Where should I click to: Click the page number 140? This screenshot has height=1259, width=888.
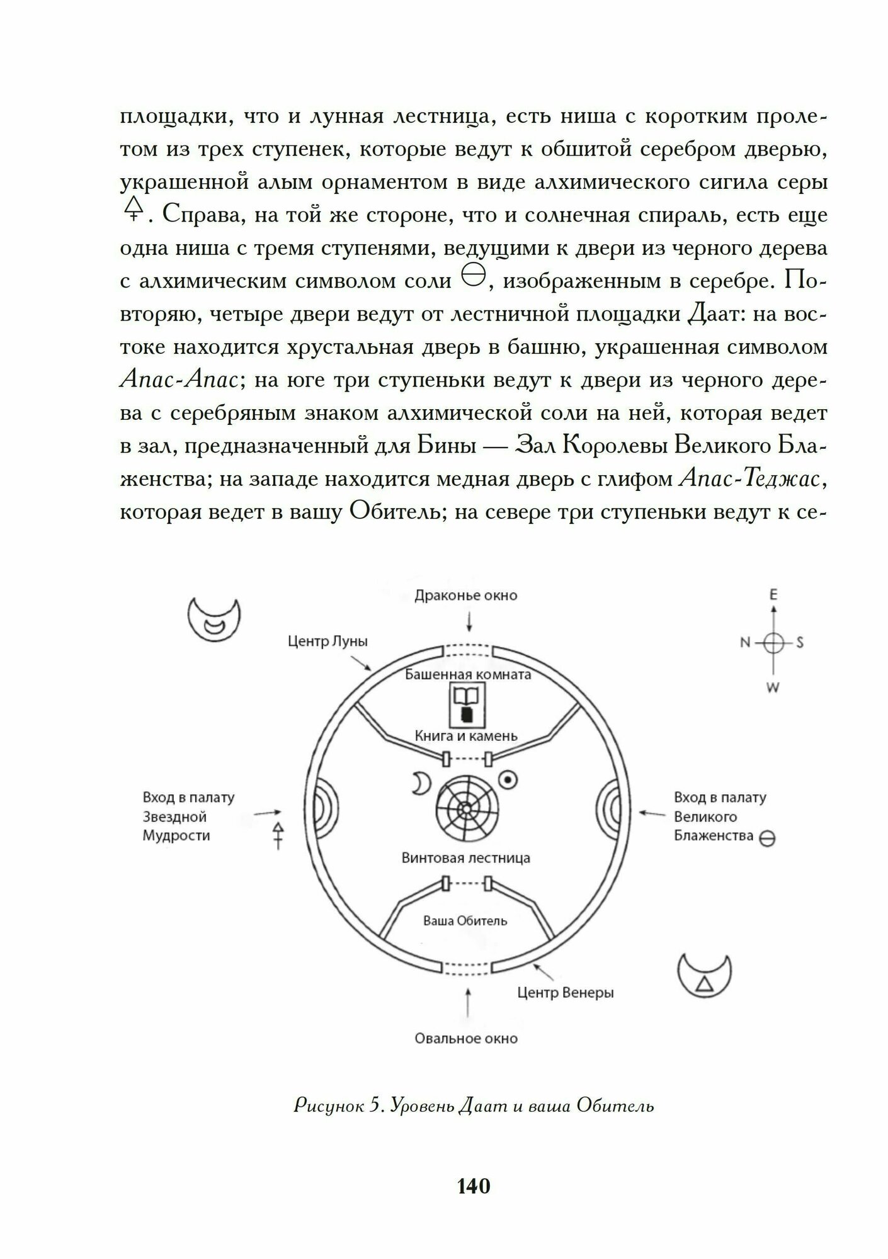point(473,1185)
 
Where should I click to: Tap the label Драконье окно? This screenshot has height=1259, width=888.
point(465,596)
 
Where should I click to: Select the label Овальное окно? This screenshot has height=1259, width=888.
point(465,1038)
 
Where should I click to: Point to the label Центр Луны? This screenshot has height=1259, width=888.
point(327,641)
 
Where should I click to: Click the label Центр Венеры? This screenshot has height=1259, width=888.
point(565,993)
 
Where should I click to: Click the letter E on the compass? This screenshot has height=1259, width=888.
point(773,594)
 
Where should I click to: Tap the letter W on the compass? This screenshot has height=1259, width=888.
point(773,687)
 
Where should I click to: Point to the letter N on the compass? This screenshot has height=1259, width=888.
point(745,643)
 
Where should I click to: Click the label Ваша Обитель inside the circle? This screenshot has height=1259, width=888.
point(465,920)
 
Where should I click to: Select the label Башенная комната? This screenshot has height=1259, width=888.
point(467,675)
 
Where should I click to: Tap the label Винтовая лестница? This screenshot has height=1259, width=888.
point(465,858)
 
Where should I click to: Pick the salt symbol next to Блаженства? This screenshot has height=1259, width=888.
point(767,838)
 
